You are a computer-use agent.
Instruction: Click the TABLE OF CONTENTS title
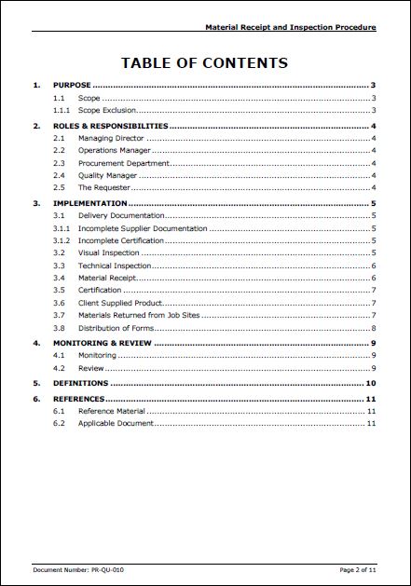[x=204, y=63]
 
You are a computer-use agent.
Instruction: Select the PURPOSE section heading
[x=72, y=85]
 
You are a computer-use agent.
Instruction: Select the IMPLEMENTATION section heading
[x=89, y=202]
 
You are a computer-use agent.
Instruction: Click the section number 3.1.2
[x=61, y=240]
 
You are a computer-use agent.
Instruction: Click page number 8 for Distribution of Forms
[x=373, y=328]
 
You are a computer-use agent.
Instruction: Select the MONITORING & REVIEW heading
[x=103, y=343]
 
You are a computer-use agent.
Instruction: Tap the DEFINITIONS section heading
[x=81, y=383]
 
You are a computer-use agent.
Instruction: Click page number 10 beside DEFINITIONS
[x=370, y=383]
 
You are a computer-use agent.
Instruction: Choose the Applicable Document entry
[x=116, y=424]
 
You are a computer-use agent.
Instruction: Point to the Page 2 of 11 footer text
[x=359, y=568]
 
